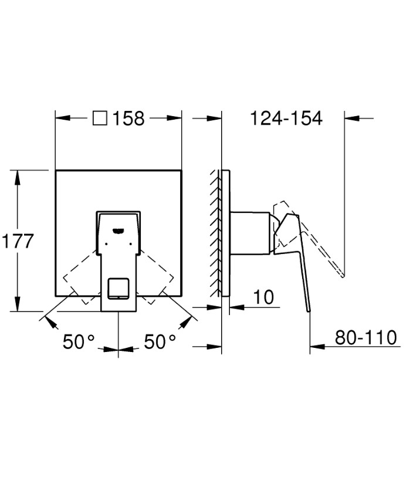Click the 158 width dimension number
pos(128,118)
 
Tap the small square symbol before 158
pos(100,118)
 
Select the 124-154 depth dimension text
pos(286,118)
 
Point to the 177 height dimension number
pos(18,241)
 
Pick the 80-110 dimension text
pos(365,338)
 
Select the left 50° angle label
pos(79,341)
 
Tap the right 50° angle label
pos(160,341)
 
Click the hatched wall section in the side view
pos(215,233)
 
